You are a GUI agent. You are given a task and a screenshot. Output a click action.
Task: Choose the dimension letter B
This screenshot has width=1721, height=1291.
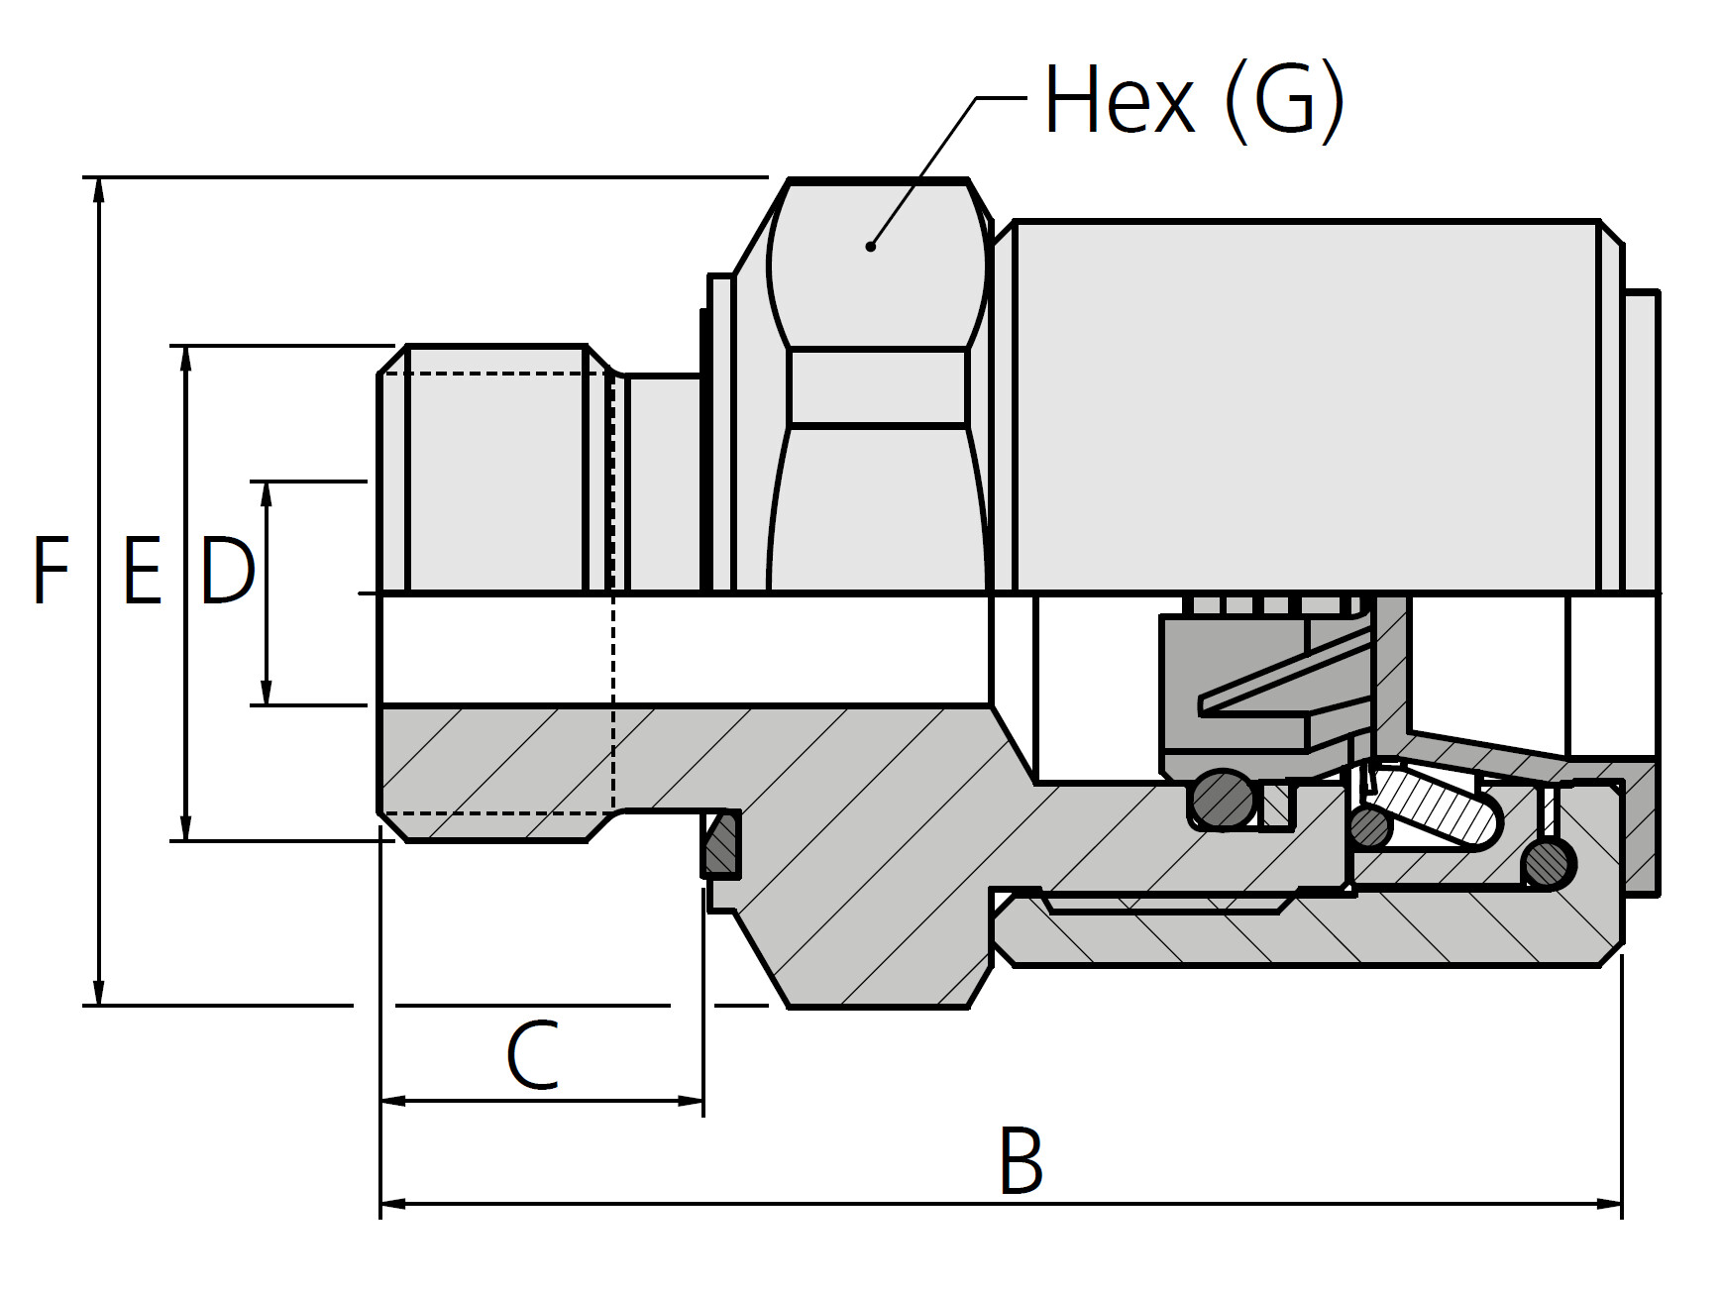1021,1160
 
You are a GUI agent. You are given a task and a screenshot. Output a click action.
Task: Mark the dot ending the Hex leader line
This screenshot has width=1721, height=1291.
870,246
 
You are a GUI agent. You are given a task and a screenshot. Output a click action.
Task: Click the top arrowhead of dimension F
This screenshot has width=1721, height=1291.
98,190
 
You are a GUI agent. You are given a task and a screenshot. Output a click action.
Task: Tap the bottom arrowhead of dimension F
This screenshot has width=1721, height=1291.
98,992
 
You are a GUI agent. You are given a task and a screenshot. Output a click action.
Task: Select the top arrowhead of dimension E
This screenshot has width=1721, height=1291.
185,359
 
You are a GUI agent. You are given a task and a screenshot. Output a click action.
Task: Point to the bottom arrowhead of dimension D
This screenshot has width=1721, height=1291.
266,693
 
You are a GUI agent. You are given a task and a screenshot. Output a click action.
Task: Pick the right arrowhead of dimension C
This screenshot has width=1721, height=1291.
691,1100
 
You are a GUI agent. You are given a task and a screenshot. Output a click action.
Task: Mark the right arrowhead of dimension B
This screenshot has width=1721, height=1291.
1609,1204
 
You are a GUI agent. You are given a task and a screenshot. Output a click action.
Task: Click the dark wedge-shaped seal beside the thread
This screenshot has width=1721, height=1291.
722,844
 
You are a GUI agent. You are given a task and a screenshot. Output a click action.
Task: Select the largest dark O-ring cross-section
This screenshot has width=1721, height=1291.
1224,800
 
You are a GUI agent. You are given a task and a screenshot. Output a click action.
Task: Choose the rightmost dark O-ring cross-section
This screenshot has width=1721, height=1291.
1548,864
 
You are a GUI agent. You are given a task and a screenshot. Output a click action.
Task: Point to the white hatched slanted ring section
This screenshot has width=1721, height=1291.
1437,807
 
